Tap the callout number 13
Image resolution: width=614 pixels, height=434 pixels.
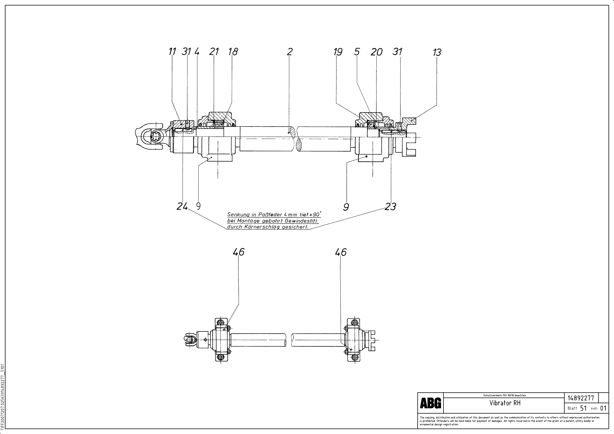coord(437,52)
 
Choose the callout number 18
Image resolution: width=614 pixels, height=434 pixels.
coord(233,52)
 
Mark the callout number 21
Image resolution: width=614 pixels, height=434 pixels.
coord(214,52)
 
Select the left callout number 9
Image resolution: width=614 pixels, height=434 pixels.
coord(198,206)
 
